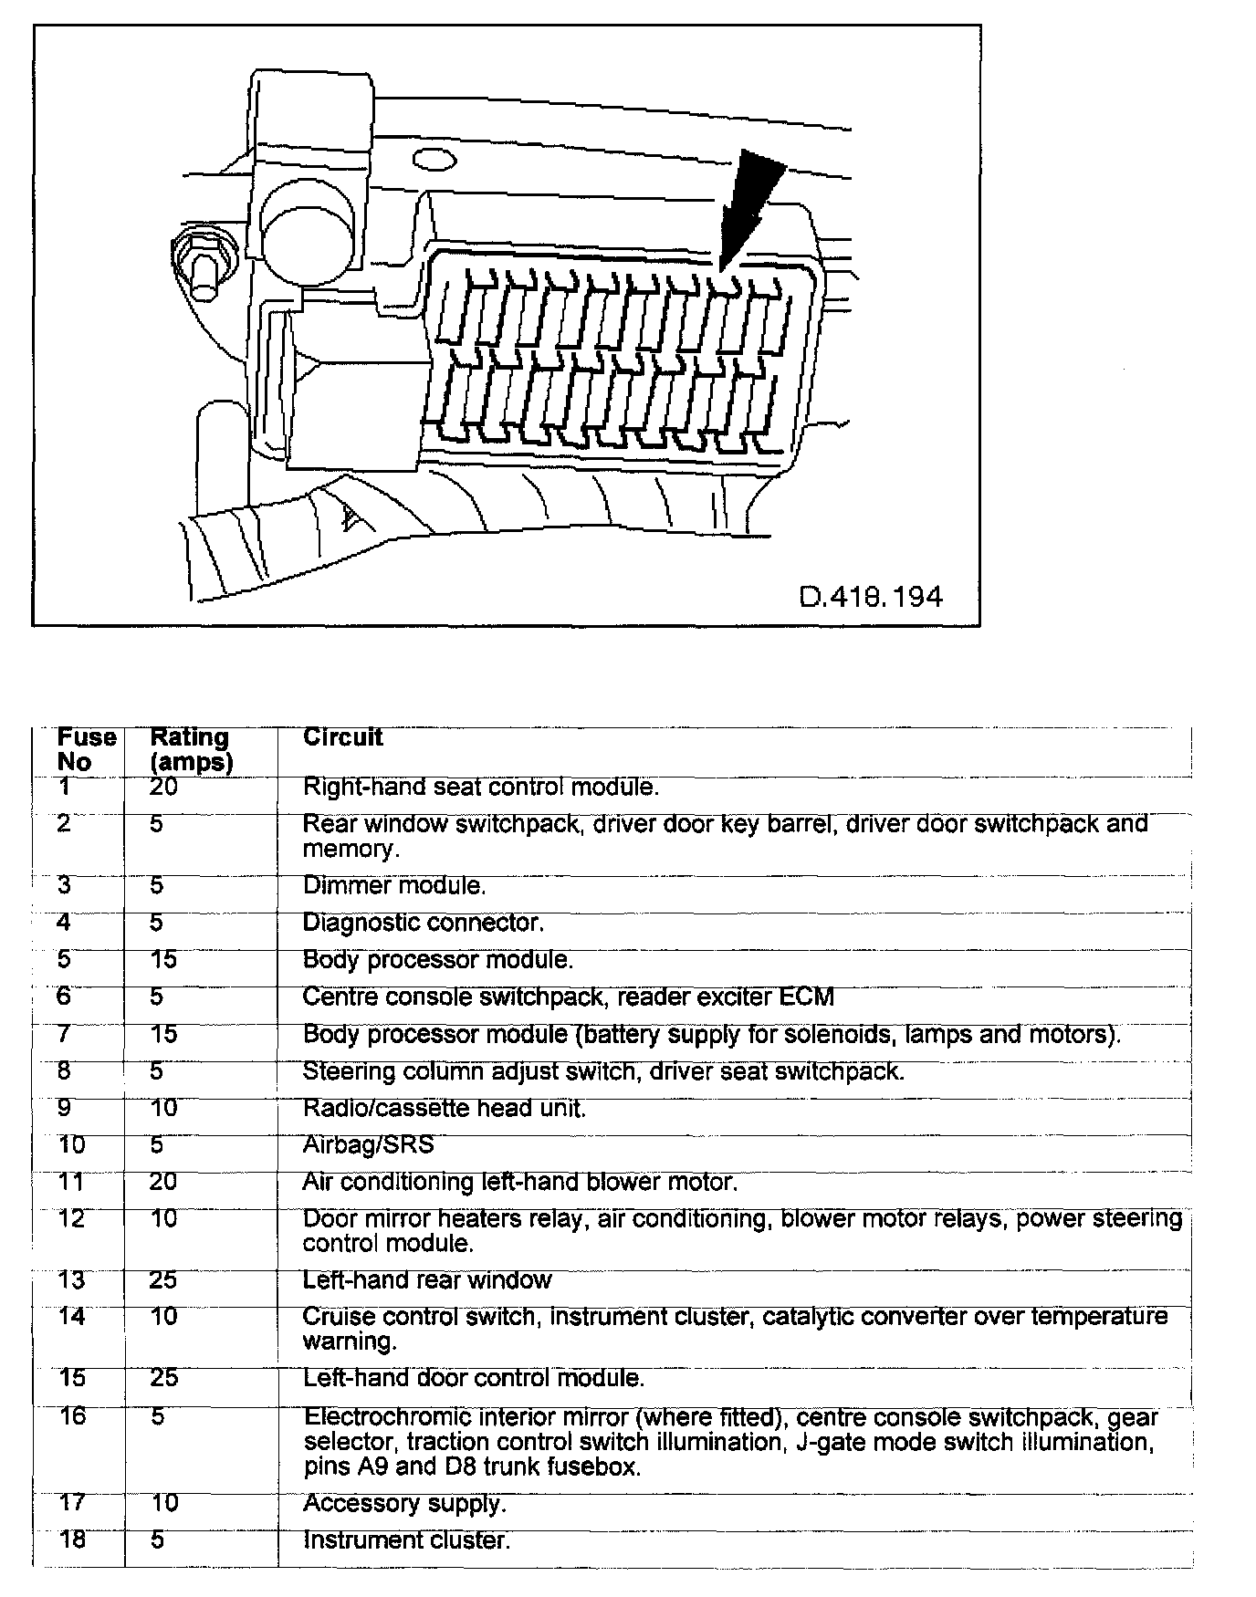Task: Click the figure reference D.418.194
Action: tap(871, 597)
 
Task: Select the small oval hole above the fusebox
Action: tap(434, 162)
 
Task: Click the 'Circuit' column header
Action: tap(343, 737)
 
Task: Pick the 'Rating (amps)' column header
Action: tap(191, 749)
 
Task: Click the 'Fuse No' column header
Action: tap(86, 749)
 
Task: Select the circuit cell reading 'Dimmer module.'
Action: tap(394, 885)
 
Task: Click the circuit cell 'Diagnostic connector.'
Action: tap(424, 923)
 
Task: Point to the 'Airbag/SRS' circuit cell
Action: tap(369, 1144)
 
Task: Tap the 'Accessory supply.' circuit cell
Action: tap(404, 1503)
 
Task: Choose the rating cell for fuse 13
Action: tap(163, 1280)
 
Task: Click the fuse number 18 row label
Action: tap(71, 1540)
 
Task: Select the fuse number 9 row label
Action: tap(66, 1108)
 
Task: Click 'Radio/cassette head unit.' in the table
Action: tap(444, 1108)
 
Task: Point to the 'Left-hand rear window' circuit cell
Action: tap(427, 1280)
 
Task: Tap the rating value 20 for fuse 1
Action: tap(163, 786)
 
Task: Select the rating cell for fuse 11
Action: tap(163, 1182)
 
